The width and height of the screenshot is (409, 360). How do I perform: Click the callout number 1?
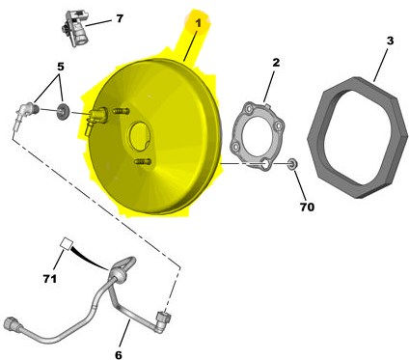coord(198,23)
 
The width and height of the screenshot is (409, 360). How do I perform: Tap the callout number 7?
coord(120,18)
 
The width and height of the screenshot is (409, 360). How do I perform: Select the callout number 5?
coord(61,67)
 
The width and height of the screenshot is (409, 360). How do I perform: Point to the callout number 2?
coord(276,63)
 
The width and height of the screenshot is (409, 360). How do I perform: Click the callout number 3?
coord(390,41)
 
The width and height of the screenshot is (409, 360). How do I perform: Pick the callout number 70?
coord(307,207)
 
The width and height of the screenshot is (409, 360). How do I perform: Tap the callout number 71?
coord(50,279)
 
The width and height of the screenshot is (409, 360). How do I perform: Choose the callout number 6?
coord(119,355)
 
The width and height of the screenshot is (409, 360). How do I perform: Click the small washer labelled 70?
coord(292,164)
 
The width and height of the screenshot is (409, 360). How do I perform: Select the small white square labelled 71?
coord(68,243)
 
